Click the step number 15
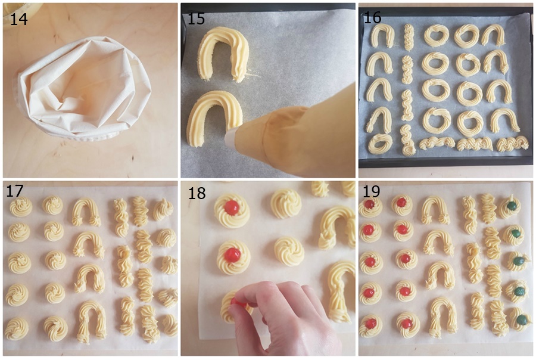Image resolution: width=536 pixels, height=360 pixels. [196, 18]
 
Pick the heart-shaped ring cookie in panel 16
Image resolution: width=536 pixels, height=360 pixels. [437, 35]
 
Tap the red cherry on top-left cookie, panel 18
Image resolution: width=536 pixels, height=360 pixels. [232, 207]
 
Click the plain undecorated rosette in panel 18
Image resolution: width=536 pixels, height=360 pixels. [286, 203]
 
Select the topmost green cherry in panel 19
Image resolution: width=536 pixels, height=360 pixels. [512, 206]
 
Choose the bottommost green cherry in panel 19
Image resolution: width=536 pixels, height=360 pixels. [522, 320]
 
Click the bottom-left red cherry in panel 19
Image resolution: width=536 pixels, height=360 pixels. [370, 324]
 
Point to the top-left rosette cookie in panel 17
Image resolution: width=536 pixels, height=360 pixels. [21, 207]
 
